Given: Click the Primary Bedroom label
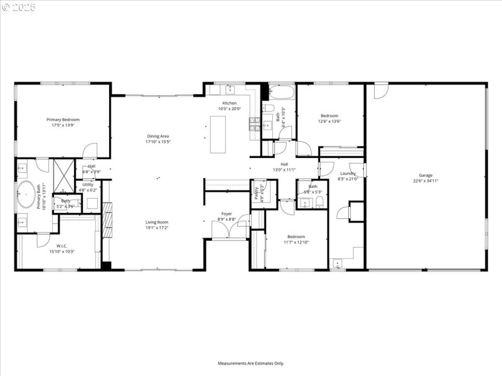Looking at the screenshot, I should pyautogui.click(x=63, y=119).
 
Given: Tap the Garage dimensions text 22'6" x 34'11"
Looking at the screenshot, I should pyautogui.click(x=425, y=180).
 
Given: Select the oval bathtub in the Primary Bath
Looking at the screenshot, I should pyautogui.click(x=26, y=195).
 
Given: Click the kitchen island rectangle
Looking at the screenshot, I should pyautogui.click(x=218, y=134).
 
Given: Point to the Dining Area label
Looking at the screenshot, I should pyautogui.click(x=158, y=136).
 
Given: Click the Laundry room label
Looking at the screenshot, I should pyautogui.click(x=348, y=173).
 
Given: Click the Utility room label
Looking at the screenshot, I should pyautogui.click(x=88, y=184).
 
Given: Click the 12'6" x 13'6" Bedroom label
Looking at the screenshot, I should pyautogui.click(x=329, y=115).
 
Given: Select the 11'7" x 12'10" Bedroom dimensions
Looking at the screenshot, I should pyautogui.click(x=296, y=242).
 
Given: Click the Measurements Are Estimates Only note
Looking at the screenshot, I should pyautogui.click(x=251, y=363).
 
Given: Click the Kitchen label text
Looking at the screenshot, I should pyautogui.click(x=230, y=103).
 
